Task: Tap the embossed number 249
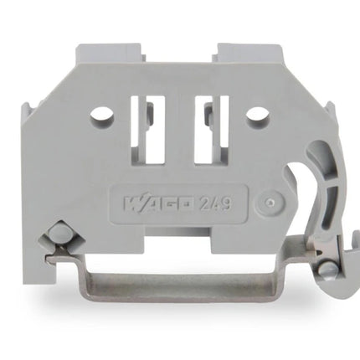coord(215,203)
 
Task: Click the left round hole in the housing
coord(102,116)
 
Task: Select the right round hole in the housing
coord(258,116)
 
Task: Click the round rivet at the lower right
coord(327,269)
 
